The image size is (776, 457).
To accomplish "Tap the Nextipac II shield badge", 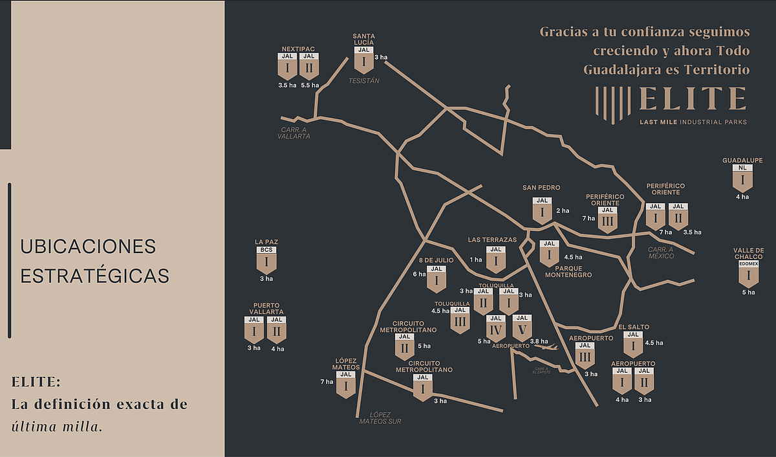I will tap(309, 66).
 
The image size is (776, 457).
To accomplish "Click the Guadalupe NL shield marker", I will tap(742, 177).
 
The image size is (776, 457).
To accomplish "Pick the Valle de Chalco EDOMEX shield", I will tap(749, 274).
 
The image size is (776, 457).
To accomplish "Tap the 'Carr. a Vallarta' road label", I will tap(294, 133).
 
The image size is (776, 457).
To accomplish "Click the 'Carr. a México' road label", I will tap(661, 252).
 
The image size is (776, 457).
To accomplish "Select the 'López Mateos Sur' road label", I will tap(380, 418).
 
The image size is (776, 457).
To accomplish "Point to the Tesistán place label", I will tap(363, 81).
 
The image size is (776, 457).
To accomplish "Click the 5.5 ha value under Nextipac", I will tap(310, 85).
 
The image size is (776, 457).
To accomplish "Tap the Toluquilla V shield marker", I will tap(521, 328).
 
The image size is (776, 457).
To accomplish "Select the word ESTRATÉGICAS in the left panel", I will tap(94, 275).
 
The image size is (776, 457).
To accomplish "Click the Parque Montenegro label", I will tap(568, 271).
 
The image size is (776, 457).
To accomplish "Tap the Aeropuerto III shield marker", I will tap(584, 355).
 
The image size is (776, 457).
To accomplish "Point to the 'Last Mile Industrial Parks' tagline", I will tap(693, 122).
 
